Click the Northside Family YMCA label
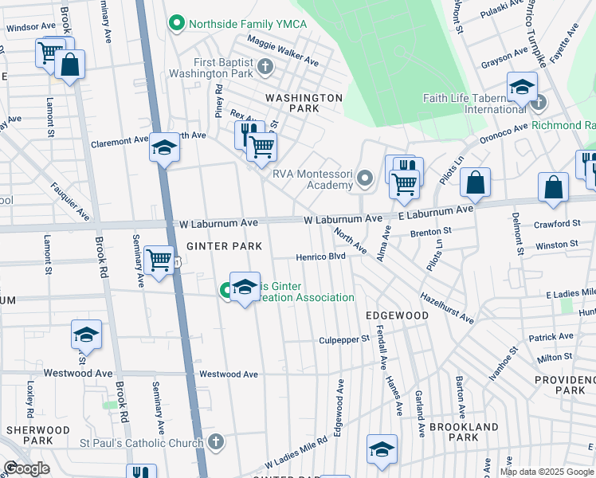coord(247,24)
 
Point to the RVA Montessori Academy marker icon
coord(365,178)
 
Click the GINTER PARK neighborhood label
coord(225,247)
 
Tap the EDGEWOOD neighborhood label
coord(397,315)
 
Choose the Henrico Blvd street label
coord(321,257)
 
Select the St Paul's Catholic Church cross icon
coord(215,441)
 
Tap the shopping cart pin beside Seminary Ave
coord(159,259)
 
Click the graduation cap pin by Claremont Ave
coord(164,147)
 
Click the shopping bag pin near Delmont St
coord(553,187)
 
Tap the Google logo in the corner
coord(26,468)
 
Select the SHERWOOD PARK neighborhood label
coord(28,434)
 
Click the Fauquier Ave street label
coord(70,201)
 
